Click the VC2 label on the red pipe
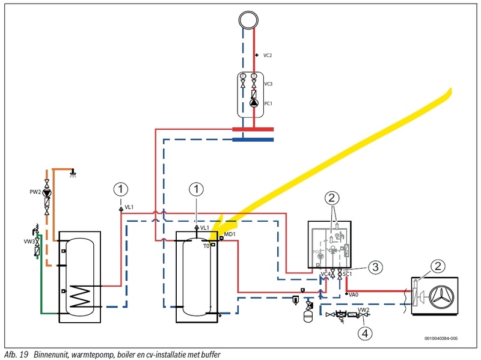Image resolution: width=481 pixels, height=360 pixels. pos(268,55)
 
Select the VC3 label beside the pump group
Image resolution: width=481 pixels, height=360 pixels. pos(268,84)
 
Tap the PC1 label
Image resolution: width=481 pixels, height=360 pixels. pos(268,103)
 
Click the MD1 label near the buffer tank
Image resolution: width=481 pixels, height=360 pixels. pos(229,233)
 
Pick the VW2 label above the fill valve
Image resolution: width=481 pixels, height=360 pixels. pos(364,310)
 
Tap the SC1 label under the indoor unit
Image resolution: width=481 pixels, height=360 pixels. pos(348,273)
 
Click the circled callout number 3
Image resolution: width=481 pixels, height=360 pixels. pos(374,266)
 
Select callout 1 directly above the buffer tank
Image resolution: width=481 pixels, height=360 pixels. pos(196,189)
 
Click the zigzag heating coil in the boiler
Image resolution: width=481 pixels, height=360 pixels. pos(81,296)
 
